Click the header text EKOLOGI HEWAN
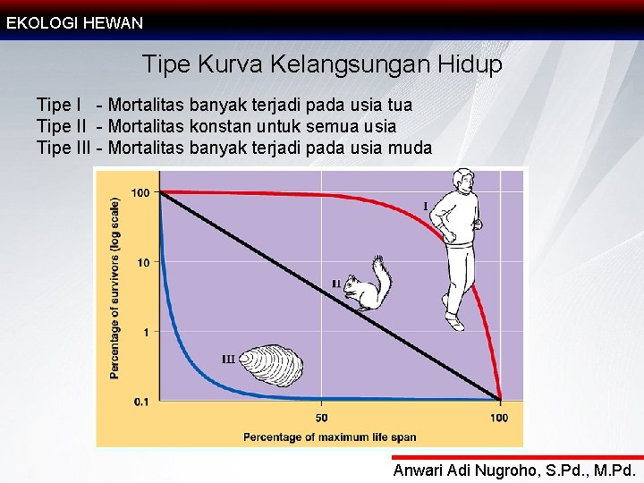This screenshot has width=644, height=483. coord(74,23)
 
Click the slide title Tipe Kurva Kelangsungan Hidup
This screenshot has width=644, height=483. coord(322,65)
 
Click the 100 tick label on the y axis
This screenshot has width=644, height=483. coord(140,192)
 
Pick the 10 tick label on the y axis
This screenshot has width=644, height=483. coord(143,262)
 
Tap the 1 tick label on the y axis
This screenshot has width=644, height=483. coord(146,332)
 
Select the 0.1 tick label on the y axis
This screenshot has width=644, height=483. coord(141,402)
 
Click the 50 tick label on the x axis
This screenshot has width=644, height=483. coord(321,418)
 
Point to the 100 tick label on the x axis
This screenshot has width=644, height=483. coord(499,418)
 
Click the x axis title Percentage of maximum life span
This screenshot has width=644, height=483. coord(330,437)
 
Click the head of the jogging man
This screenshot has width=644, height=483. coord(463,182)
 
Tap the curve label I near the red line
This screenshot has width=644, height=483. coord(425,207)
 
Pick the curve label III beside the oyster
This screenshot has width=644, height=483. coord(228,360)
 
